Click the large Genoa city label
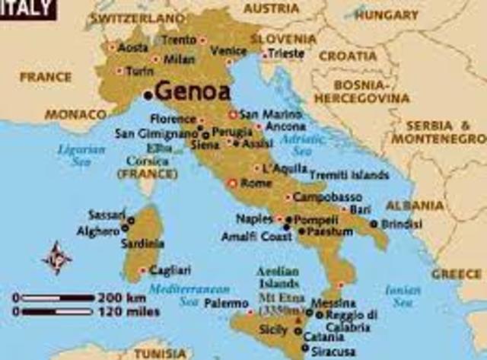click(x=193, y=92)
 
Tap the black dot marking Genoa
click(x=148, y=94)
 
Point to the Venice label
click(x=228, y=50)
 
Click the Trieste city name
click(x=286, y=54)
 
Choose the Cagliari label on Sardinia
click(x=170, y=269)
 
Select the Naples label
click(x=254, y=218)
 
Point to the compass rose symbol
click(x=56, y=257)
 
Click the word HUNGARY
click(x=387, y=14)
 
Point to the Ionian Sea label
click(x=403, y=295)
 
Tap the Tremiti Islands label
click(x=349, y=174)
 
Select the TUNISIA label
click(x=159, y=353)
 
